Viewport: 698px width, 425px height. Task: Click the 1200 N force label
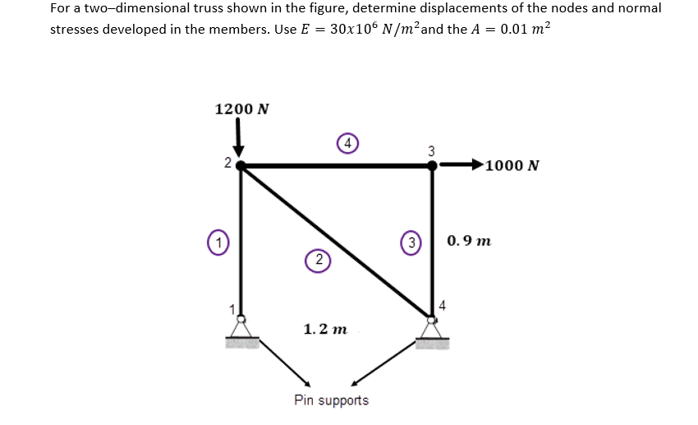point(242,109)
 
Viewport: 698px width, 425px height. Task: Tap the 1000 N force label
point(512,165)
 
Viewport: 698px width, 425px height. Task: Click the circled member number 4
point(348,143)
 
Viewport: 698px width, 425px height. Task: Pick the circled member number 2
point(317,260)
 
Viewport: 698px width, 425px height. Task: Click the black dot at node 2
point(240,164)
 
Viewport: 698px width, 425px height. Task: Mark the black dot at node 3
point(433,164)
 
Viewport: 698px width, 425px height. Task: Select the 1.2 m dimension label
point(325,330)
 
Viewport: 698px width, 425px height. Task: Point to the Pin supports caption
point(332,400)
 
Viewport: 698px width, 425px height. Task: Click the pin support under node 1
point(241,330)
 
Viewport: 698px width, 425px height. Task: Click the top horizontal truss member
point(337,165)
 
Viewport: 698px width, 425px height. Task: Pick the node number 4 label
point(443,306)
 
